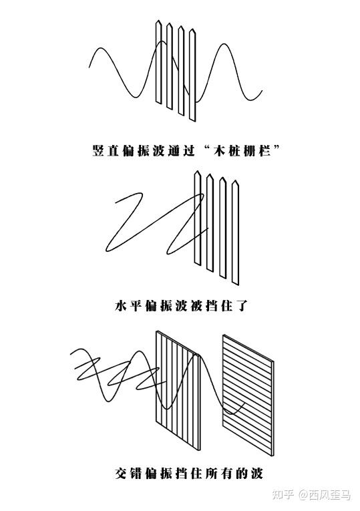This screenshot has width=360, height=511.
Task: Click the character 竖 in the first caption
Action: point(98,150)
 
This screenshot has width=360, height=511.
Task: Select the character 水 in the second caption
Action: point(120,306)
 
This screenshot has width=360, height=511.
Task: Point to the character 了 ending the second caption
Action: point(242,306)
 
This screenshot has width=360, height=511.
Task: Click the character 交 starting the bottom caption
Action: point(121,473)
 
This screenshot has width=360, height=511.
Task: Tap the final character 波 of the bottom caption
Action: point(256,473)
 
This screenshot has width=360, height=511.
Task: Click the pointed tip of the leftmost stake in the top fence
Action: point(158,21)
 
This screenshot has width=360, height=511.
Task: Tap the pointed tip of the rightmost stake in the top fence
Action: point(192,29)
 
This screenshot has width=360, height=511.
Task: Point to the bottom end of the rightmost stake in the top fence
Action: point(192,120)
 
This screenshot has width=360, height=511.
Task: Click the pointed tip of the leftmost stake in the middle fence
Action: point(197,172)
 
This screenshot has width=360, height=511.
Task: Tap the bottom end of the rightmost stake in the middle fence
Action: point(235,283)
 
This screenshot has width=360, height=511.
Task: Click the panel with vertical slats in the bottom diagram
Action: point(178,390)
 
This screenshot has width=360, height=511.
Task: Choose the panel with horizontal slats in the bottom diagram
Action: point(248,395)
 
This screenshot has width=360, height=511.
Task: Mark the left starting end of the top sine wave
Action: point(89,67)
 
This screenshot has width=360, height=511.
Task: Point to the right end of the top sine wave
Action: point(262,91)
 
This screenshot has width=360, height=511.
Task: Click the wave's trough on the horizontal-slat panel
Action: point(231,414)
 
